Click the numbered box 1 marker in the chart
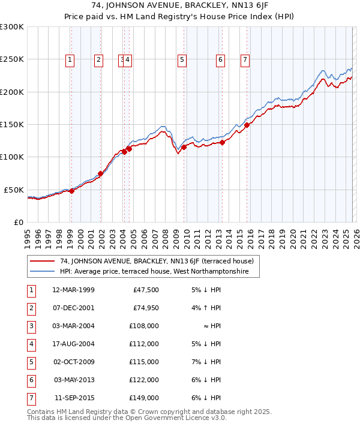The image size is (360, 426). (x=70, y=59)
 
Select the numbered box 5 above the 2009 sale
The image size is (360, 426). (x=181, y=59)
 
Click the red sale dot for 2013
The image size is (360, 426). (x=222, y=142)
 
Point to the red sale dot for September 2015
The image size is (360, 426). (x=247, y=125)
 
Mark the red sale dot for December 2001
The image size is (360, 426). (x=100, y=173)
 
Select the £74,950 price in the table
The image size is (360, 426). (x=144, y=308)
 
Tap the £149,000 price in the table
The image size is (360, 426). (x=144, y=398)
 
